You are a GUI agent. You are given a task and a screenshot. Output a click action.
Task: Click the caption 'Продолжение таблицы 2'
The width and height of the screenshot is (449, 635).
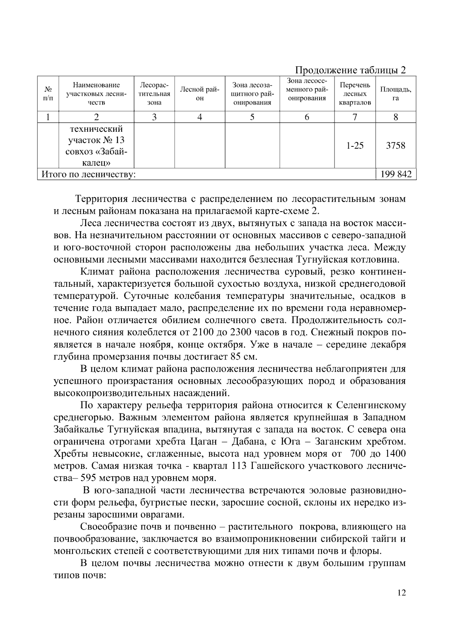coord(350,70)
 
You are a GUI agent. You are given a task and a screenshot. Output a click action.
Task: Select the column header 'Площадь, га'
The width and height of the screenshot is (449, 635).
coord(395,94)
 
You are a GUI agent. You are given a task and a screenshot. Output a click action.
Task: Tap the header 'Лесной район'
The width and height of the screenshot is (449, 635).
coord(199,94)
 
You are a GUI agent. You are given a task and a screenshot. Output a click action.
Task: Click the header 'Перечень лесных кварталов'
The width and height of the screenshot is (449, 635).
coord(355,94)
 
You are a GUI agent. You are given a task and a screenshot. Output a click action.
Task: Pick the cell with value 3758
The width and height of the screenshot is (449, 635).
coord(395,146)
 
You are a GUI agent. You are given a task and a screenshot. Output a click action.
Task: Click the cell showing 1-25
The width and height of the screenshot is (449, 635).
coord(355,146)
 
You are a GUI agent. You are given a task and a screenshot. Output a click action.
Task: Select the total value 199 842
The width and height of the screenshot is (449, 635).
coord(395,174)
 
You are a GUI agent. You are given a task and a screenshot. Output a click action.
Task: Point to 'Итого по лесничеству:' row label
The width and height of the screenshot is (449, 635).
coord(88,174)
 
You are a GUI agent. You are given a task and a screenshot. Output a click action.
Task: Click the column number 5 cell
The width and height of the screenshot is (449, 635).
coord(252,117)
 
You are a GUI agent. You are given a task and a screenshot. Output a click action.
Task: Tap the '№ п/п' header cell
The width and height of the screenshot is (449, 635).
coord(48,94)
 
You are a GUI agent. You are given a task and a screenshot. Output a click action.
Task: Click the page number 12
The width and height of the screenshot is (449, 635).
coord(401,593)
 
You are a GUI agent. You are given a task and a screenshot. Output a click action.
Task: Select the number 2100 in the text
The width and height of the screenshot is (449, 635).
coord(204,332)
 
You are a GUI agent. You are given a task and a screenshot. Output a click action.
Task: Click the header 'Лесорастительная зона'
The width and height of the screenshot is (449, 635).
coord(154,94)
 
